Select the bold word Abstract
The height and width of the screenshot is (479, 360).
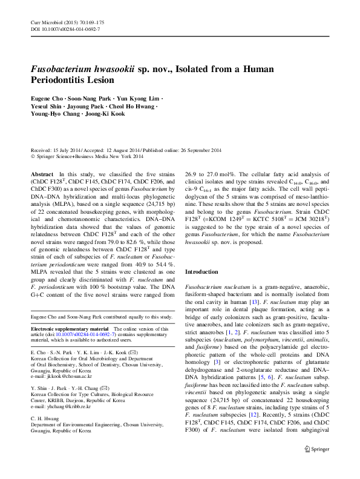tap(42, 173)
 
